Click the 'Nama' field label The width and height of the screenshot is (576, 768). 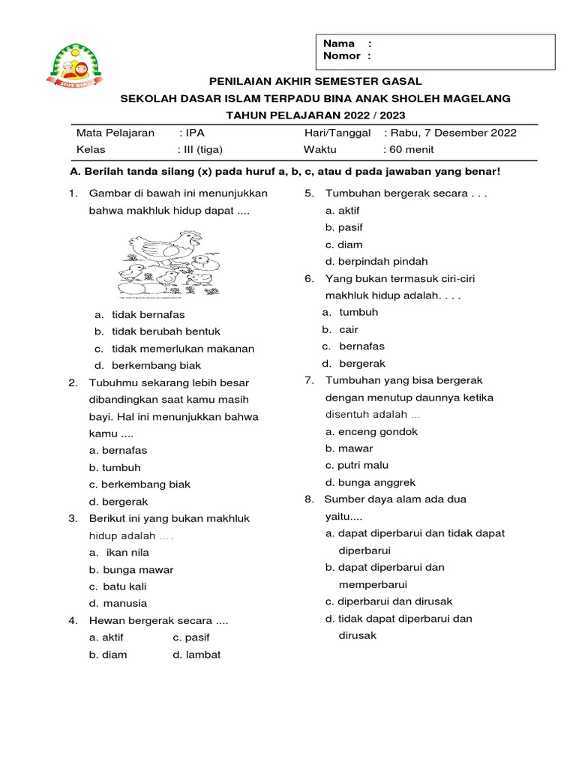click(338, 43)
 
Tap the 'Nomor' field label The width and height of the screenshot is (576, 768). click(341, 55)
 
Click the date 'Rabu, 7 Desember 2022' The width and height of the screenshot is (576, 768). click(454, 133)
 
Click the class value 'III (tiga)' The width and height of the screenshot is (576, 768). click(201, 149)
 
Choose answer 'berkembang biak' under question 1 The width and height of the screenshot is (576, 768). click(156, 365)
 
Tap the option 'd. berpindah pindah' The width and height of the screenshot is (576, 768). click(376, 261)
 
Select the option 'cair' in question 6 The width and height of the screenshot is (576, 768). click(349, 329)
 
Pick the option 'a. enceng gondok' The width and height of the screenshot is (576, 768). click(371, 431)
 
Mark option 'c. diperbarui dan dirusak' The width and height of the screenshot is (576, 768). click(388, 601)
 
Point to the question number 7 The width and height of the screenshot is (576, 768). click(309, 380)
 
